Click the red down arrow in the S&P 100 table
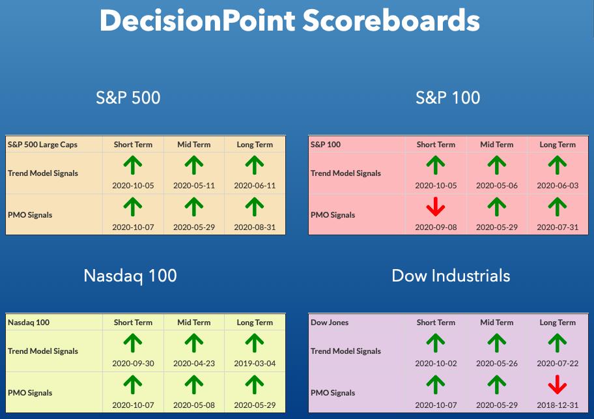click(436, 207)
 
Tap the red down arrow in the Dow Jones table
click(558, 384)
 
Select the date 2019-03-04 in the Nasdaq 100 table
click(255, 364)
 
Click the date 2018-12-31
click(558, 405)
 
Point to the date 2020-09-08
click(436, 227)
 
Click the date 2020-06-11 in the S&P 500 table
click(255, 186)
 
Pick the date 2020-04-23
click(194, 364)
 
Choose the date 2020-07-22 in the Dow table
click(558, 364)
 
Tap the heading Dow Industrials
click(451, 276)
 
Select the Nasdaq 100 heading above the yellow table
click(130, 276)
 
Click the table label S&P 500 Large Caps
click(42, 145)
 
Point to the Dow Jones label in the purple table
click(330, 323)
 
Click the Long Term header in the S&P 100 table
click(558, 145)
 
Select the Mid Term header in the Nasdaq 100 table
click(194, 323)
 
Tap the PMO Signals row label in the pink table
click(333, 215)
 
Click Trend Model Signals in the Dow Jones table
click(345, 351)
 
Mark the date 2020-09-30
click(133, 364)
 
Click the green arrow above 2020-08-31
click(255, 207)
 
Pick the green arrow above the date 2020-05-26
click(497, 343)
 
